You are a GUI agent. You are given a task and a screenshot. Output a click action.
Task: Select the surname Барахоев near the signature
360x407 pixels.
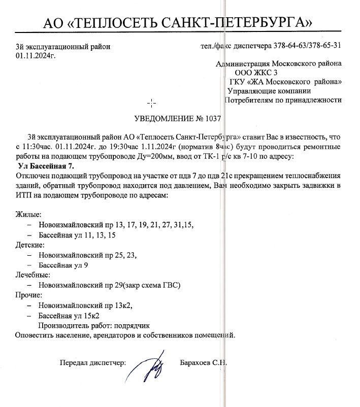[x=195, y=363]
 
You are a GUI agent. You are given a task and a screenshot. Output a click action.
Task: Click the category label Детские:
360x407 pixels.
[x=31, y=245]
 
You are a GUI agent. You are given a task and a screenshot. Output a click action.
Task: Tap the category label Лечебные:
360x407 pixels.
[x=35, y=275]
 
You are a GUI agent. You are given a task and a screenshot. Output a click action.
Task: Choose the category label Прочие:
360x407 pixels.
[x=31, y=295]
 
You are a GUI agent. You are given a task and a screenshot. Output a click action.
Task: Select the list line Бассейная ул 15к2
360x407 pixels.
[x=69, y=315]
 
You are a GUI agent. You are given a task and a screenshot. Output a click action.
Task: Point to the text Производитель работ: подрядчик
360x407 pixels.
[x=94, y=325]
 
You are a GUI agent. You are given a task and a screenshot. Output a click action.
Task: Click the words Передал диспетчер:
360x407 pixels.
[x=93, y=363]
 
